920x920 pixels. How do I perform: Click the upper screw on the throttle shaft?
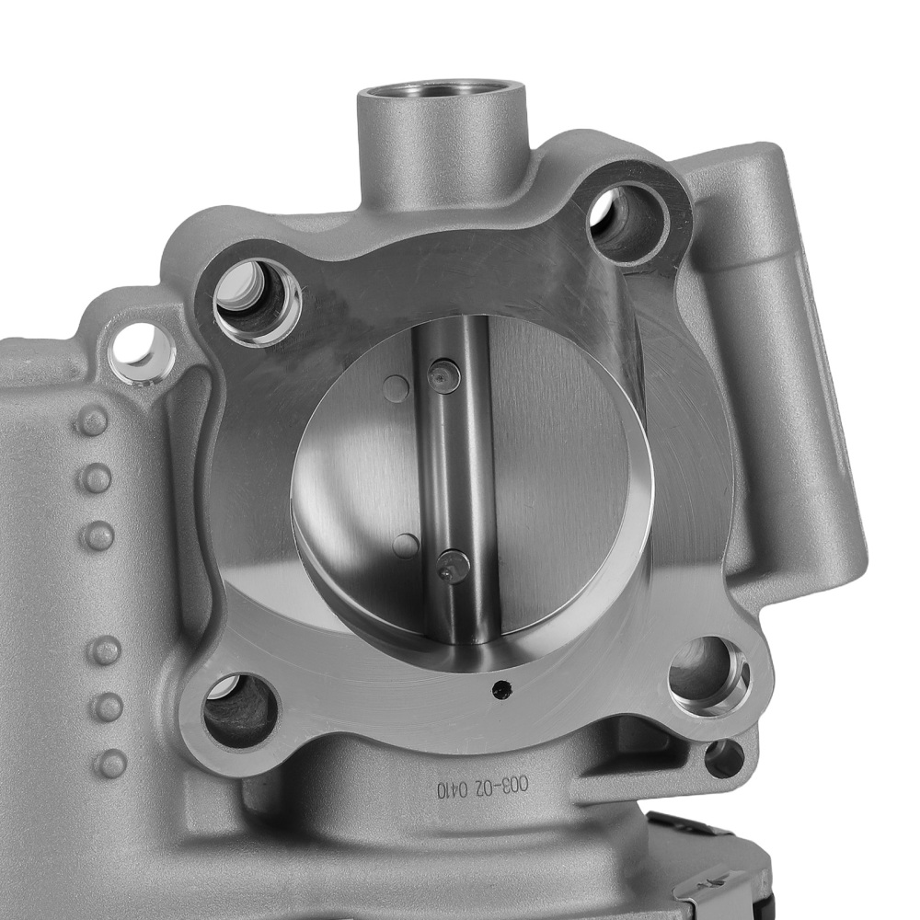pyautogui.click(x=443, y=375)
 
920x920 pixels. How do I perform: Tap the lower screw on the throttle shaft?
pyautogui.click(x=453, y=566)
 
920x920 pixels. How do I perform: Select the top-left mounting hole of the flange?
pyautogui.click(x=257, y=299)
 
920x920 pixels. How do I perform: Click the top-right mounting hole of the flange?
pyautogui.click(x=629, y=221)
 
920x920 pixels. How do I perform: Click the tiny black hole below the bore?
pyautogui.click(x=500, y=686)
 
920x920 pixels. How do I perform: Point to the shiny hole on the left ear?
pyautogui.click(x=143, y=351)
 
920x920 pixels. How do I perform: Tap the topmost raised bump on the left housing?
pyautogui.click(x=92, y=421)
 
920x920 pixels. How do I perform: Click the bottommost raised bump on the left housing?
pyautogui.click(x=111, y=763)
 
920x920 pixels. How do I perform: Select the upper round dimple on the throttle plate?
pyautogui.click(x=396, y=389)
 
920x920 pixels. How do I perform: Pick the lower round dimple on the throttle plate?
pyautogui.click(x=405, y=546)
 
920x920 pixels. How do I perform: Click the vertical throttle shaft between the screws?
pyautogui.click(x=448, y=469)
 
